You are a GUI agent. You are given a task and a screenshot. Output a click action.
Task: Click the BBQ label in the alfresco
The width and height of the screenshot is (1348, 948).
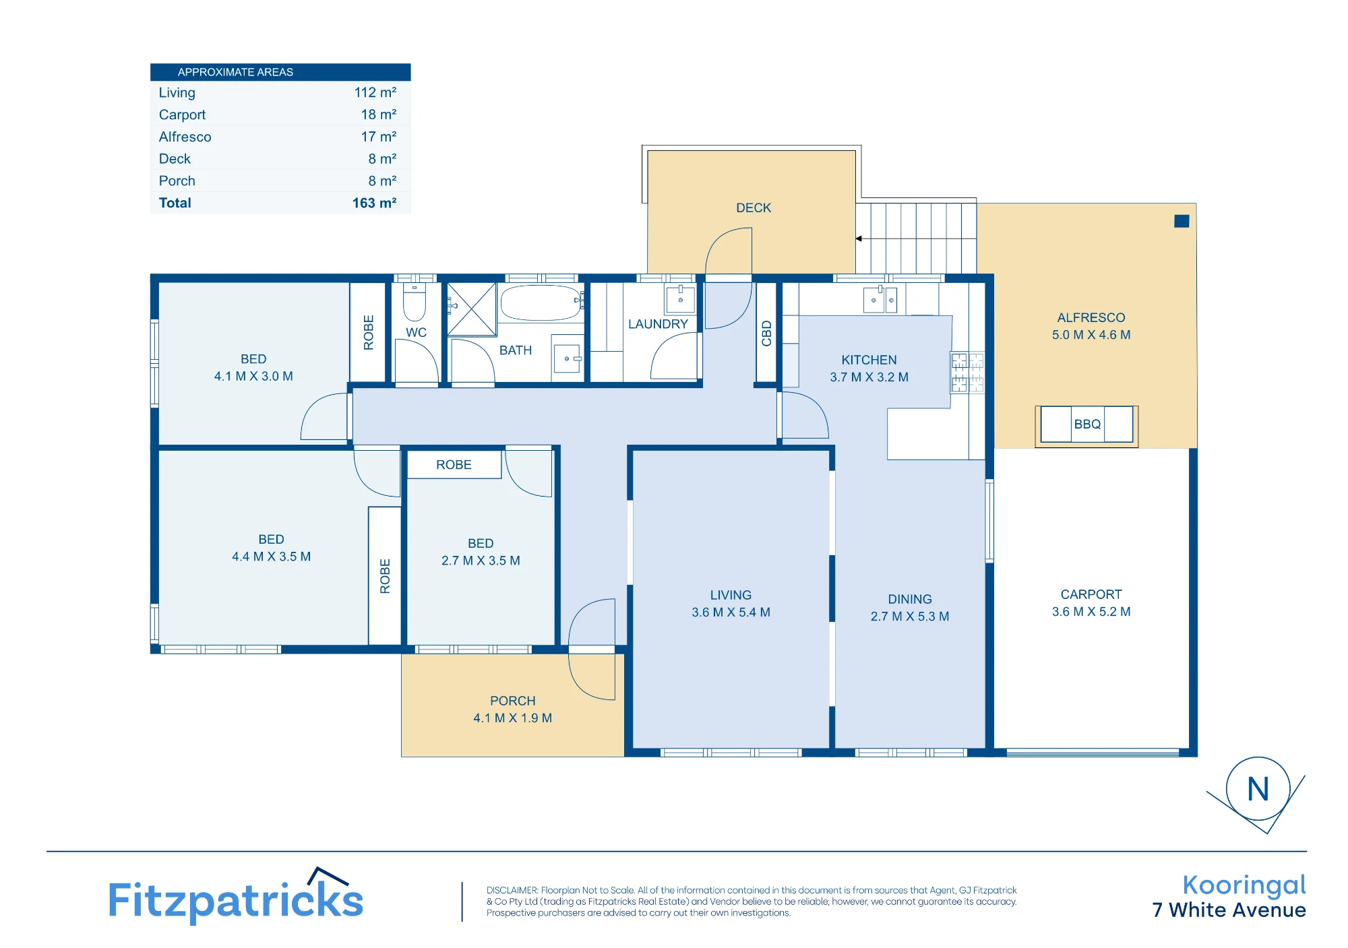pos(1087,424)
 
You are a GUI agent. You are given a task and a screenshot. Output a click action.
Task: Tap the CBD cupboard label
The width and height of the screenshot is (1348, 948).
pos(766,334)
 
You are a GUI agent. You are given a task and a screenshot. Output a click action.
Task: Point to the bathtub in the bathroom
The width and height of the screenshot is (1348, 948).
pos(541,303)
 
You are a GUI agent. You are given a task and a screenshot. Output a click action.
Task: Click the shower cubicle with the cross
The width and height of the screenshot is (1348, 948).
pos(472,309)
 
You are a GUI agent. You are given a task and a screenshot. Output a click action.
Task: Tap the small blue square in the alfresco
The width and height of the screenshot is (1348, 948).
pos(1182,221)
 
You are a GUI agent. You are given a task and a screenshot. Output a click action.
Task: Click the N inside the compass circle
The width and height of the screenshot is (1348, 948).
pos(1258,789)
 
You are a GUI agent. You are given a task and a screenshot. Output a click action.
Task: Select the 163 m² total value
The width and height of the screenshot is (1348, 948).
pos(374,203)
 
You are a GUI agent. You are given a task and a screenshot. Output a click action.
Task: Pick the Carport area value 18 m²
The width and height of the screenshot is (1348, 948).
pos(378,115)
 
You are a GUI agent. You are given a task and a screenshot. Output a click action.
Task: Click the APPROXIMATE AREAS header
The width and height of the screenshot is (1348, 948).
pos(235,72)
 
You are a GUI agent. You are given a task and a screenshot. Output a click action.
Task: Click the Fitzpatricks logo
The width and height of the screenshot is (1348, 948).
pos(236,897)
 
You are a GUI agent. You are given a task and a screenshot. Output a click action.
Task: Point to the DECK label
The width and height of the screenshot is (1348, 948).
pos(754,208)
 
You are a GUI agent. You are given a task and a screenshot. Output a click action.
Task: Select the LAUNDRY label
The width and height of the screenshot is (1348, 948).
pos(658,324)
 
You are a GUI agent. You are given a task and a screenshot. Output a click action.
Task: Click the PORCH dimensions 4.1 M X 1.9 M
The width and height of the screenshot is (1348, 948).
pos(512,718)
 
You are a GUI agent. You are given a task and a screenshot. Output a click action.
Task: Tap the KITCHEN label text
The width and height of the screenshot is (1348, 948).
pos(869,360)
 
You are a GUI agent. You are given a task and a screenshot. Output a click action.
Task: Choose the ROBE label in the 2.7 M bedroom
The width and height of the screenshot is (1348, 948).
pos(454,465)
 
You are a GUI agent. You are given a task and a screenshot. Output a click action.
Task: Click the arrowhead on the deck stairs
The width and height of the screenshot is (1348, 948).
pos(859,239)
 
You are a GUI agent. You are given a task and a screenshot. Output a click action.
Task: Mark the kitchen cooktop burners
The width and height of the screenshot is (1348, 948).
pos(967,373)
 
